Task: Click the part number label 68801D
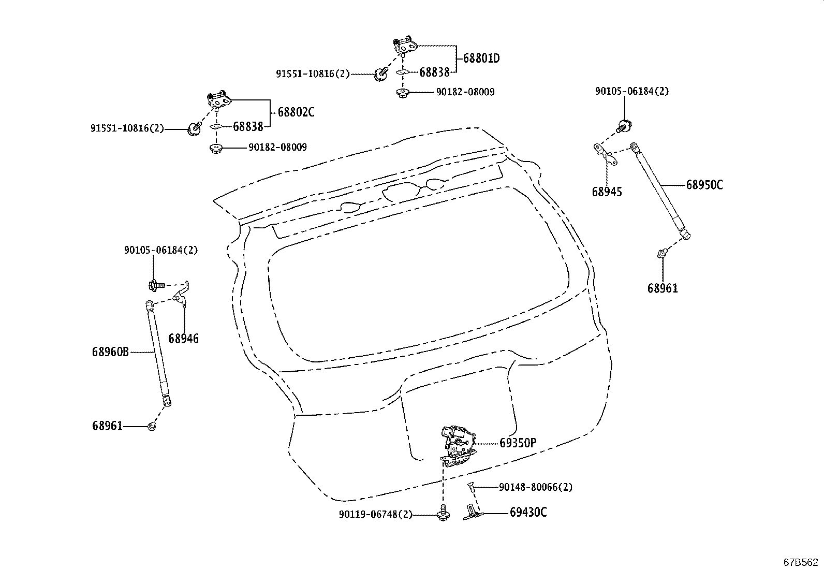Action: coord(481,58)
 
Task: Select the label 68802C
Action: coord(296,112)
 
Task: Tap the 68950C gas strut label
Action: coord(704,184)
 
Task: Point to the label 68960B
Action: coord(110,352)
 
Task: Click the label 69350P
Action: coord(518,443)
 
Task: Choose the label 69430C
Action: coord(528,512)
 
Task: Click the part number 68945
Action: coord(607,192)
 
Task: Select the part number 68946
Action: coord(184,338)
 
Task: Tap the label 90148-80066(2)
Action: coord(536,487)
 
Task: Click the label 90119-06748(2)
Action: coord(376,514)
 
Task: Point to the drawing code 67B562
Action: coord(801,562)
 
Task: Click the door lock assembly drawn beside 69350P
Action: coord(458,446)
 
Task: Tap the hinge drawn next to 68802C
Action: coord(218,100)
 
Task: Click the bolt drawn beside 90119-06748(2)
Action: coord(443,513)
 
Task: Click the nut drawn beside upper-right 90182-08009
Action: coord(403,92)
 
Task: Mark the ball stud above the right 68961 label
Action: coord(662,253)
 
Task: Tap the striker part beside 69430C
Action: coord(472,513)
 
